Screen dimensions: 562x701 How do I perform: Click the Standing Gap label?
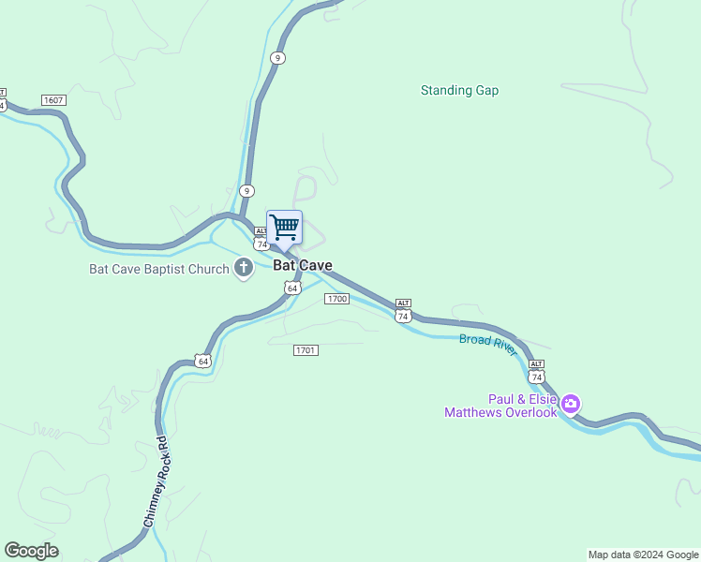459,91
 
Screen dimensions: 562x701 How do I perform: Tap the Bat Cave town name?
303,265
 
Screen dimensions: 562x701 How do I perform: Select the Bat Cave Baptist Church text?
158,270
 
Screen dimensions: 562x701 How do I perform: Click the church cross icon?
244,269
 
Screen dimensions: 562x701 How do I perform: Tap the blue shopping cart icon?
284,227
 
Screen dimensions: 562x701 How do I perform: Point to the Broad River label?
487,344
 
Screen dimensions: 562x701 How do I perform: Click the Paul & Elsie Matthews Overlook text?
500,406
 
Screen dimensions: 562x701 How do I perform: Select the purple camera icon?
570,405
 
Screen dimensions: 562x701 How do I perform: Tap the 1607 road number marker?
52,99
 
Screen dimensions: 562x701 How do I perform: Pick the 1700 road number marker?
336,299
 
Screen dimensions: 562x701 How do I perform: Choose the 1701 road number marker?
306,350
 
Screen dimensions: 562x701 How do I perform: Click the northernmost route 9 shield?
276,58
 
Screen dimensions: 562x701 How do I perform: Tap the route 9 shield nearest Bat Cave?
246,190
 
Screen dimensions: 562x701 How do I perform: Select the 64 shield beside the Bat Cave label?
292,288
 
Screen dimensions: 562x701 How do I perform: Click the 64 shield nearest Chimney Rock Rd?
202,361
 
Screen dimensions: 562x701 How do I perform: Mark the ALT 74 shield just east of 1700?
403,313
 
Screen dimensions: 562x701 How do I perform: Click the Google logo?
31,551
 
